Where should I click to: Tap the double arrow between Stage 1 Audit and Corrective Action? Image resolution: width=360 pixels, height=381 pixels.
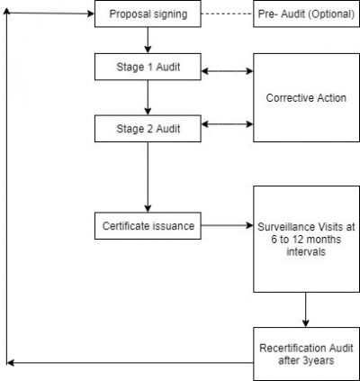pos(227,70)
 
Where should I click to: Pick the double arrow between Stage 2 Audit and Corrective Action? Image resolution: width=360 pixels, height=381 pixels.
pos(227,123)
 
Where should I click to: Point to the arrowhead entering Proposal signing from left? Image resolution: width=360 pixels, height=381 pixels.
pos(90,14)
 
